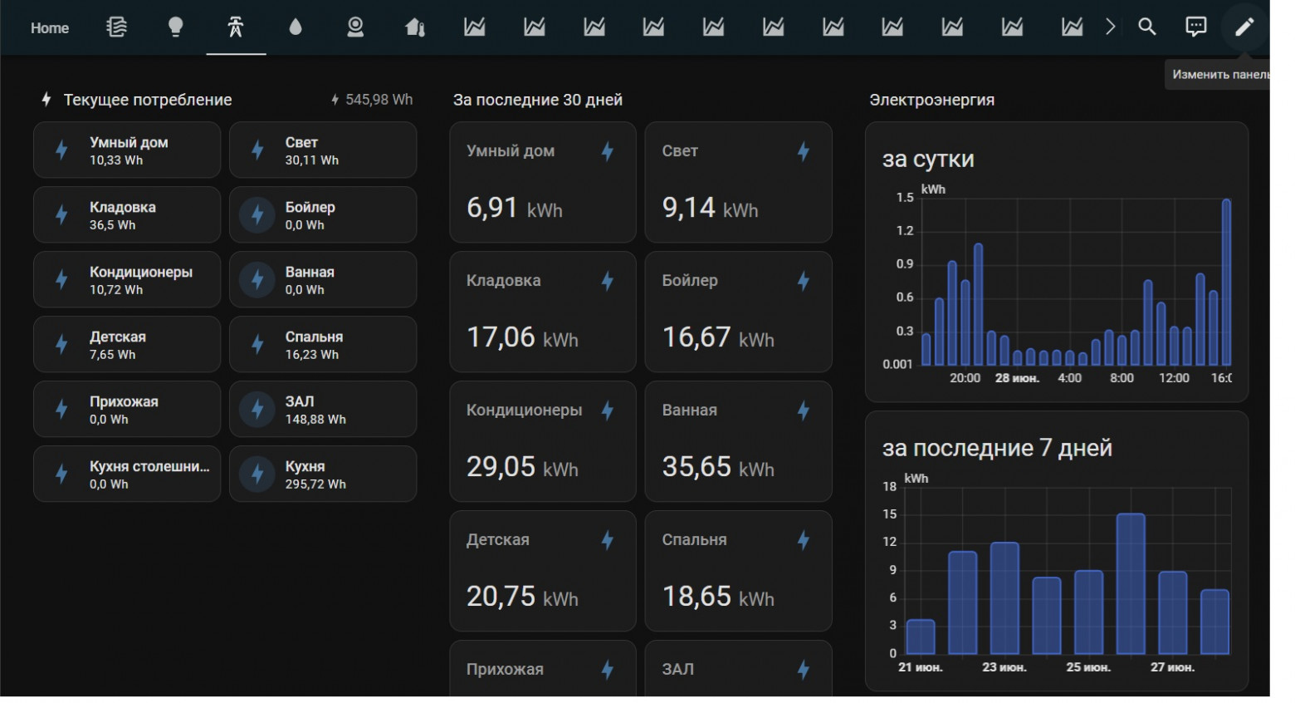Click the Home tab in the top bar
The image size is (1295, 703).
pos(50,28)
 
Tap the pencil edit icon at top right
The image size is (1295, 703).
pos(1244,27)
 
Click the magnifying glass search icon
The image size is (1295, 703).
pos(1146,27)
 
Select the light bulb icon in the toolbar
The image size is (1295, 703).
pos(176,27)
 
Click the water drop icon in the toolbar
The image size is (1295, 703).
pos(296,27)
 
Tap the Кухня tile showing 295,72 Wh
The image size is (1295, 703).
pos(323,474)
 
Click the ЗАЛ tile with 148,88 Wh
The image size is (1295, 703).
pos(323,410)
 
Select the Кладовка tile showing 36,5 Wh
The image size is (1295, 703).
pos(127,215)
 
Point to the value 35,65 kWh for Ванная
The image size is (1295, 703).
pos(717,467)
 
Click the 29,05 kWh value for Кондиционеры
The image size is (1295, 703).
pos(521,467)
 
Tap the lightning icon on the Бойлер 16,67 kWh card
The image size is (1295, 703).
pos(803,281)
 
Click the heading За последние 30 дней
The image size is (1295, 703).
pos(537,100)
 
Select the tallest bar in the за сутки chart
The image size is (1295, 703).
pos(1226,283)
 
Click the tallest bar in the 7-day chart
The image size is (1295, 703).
pos(1131,583)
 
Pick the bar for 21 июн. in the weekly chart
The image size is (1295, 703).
pos(921,637)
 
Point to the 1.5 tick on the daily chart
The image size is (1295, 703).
pos(904,198)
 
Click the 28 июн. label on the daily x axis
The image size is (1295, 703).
pos(1016,378)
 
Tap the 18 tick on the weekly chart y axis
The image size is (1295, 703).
pos(890,486)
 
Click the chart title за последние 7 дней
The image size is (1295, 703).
pos(996,449)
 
